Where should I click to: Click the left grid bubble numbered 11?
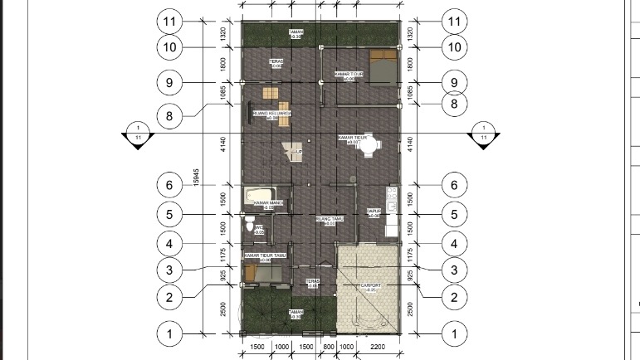[169, 21]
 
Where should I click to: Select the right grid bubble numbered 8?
[453, 104]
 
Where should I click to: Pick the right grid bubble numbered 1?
[453, 334]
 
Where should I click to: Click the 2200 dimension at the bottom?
[377, 346]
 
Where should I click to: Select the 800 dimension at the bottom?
[328, 346]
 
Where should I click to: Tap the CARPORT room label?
[370, 287]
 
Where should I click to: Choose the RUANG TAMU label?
[326, 220]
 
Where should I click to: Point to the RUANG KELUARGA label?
[271, 114]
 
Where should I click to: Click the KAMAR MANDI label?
[269, 203]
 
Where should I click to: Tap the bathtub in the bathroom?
[267, 196]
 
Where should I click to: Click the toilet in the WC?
[250, 224]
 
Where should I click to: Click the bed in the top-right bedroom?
[382, 66]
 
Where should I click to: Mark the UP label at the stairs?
[299, 153]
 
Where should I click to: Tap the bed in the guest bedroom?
[261, 271]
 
